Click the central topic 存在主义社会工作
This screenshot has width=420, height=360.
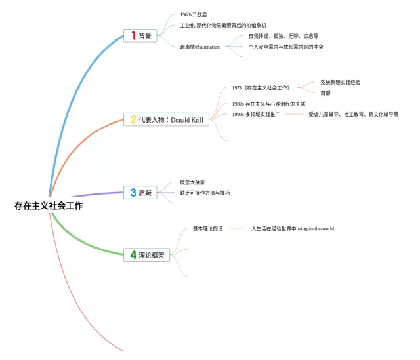pyautogui.click(x=49, y=206)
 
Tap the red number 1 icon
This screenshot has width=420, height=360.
pyautogui.click(x=133, y=36)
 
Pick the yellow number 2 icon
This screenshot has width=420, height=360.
pyautogui.click(x=133, y=120)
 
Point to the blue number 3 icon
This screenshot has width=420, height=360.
pyautogui.click(x=133, y=193)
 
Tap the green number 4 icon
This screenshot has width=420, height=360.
pyautogui.click(x=134, y=254)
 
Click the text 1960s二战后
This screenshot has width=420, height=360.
pyautogui.click(x=193, y=14)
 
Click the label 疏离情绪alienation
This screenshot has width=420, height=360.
pyautogui.click(x=200, y=47)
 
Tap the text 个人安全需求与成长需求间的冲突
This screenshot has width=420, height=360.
pyautogui.click(x=285, y=47)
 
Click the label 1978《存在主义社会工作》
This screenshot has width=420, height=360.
pyautogui.click(x=261, y=88)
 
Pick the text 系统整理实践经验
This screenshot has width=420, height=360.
pyautogui.click(x=340, y=83)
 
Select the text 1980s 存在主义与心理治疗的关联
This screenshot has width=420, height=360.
pyautogui.click(x=268, y=104)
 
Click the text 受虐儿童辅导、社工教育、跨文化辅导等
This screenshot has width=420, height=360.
pyautogui.click(x=353, y=114)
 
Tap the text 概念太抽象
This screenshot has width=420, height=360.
pyautogui.click(x=193, y=182)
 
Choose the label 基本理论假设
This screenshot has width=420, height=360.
pyautogui.click(x=208, y=229)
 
